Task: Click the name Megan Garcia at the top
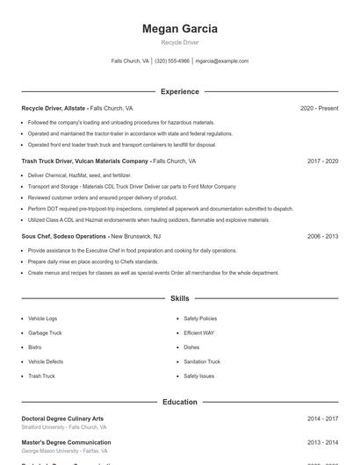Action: tap(180, 29)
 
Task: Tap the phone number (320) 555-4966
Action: tap(172, 61)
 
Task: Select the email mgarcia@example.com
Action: tap(222, 61)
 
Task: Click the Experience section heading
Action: tap(180, 91)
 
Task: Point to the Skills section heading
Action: tap(180, 299)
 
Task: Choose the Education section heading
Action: tap(180, 402)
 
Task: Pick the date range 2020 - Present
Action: tap(319, 108)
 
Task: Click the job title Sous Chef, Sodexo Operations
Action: tap(64, 236)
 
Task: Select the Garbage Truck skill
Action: tap(45, 333)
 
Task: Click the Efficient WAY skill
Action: tap(198, 333)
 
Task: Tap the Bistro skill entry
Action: tap(36, 347)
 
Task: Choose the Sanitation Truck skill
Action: tap(202, 361)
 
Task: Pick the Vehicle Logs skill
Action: tap(42, 318)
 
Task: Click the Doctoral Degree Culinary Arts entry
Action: tap(62, 418)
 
